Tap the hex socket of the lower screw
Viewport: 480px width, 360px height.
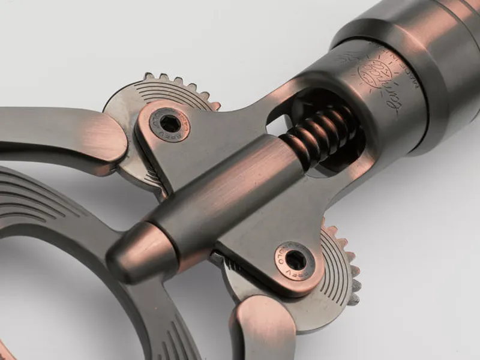[294, 259]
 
